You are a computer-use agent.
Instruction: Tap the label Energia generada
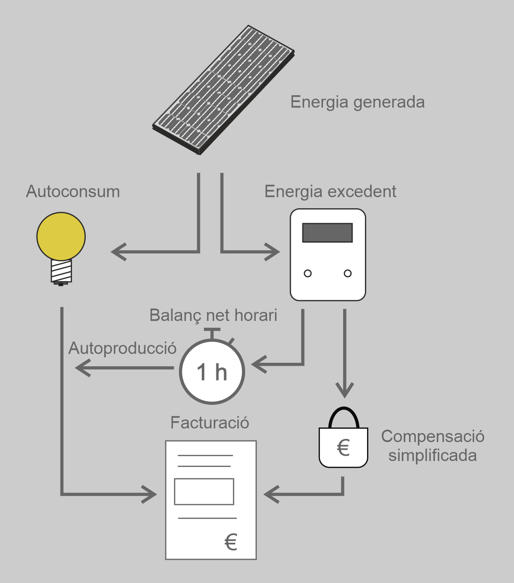357,102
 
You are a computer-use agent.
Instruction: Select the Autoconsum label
73,191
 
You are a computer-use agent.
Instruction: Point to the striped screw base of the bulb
61,271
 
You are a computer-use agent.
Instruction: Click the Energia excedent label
330,191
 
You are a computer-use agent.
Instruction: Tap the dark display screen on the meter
327,233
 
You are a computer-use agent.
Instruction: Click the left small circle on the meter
308,273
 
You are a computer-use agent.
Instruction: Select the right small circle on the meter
348,273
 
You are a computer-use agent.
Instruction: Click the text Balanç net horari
213,315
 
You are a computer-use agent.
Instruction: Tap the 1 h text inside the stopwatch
212,372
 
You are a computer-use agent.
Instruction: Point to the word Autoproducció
123,348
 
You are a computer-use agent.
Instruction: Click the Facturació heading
209,423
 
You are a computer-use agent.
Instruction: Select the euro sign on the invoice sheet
231,542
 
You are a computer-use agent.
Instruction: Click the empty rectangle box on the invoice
204,491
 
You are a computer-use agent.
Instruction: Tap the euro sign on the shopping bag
343,448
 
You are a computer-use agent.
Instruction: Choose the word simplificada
433,455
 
